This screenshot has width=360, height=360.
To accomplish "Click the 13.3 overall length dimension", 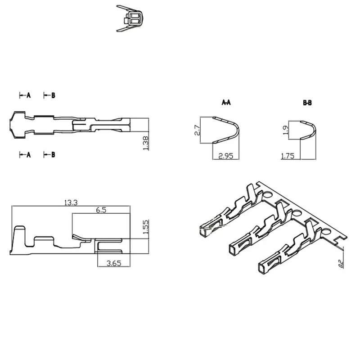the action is coord(71,203).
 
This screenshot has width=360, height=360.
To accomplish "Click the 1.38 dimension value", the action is coord(145,143).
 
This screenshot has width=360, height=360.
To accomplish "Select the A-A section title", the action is coord(226,103).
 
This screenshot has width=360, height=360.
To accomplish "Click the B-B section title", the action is coord(307,103).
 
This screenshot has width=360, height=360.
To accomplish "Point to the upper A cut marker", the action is coord(26,95).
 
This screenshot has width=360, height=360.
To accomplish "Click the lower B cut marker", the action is coord(50,155).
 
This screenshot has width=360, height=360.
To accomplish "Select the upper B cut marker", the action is coord(50,95).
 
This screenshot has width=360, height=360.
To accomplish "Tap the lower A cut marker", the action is coord(26,155).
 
